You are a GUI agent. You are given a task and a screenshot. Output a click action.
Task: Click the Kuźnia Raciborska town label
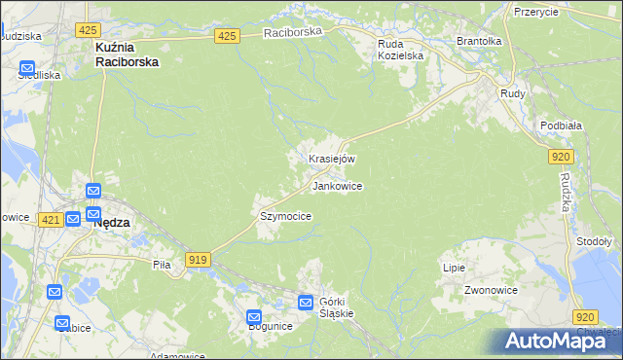tap(127, 54)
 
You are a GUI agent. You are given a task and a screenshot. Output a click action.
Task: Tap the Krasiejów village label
tap(332, 159)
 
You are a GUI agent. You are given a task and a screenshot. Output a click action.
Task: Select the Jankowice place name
tap(337, 186)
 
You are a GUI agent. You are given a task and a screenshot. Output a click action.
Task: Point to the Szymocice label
tap(285, 216)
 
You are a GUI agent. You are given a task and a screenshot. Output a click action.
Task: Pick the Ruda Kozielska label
tap(400, 49)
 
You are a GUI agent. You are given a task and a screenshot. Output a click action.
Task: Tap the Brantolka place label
tap(478, 42)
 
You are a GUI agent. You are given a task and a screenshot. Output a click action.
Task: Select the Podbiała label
tap(560, 125)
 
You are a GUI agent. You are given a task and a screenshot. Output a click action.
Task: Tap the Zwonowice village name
tap(489, 290)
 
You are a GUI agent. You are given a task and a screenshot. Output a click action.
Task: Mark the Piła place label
tap(162, 264)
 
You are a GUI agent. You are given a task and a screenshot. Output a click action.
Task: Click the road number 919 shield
tap(199, 259)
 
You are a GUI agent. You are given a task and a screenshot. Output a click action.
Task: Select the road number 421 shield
tap(52, 221)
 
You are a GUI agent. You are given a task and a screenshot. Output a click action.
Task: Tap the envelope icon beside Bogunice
tap(254, 317)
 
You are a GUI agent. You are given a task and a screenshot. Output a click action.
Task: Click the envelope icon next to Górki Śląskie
tap(306, 303)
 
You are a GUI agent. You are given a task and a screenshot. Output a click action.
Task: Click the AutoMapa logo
tap(559, 341)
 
